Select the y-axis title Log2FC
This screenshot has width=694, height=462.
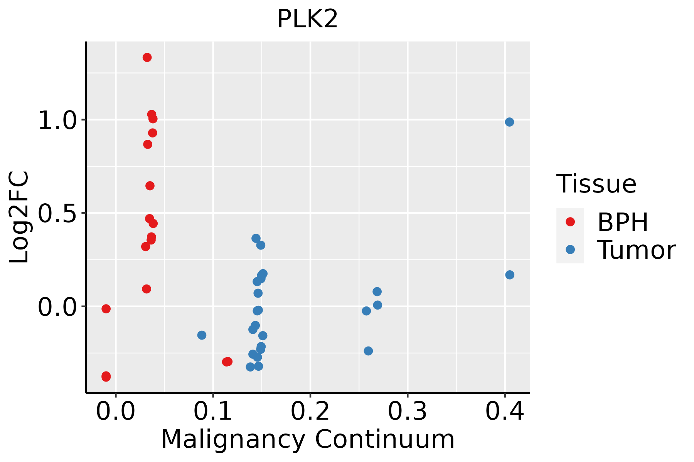19,217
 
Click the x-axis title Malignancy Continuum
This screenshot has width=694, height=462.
307,439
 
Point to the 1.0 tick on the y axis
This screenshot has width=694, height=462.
57,120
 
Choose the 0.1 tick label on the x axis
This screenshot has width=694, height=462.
213,411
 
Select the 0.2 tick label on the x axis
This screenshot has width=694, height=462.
310,411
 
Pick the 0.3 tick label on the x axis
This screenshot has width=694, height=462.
407,411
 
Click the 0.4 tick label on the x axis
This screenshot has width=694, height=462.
504,411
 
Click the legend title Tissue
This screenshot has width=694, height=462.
596,184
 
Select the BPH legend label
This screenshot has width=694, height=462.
623,222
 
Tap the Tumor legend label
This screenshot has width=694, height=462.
636,250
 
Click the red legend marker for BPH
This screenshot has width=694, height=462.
570,221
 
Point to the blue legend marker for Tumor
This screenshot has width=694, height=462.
570,249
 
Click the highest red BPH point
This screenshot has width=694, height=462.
147,57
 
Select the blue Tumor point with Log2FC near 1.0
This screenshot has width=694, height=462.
509,122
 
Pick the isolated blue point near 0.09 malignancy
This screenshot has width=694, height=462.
202,335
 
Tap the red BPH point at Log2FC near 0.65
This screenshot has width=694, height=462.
150,186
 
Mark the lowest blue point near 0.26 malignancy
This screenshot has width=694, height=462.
368,351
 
